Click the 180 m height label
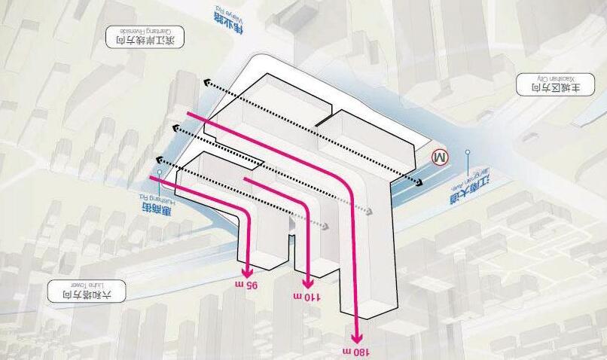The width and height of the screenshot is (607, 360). tap(358, 352)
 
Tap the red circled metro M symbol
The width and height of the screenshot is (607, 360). tap(439, 157)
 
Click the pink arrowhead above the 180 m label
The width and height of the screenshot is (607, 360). tap(358, 336)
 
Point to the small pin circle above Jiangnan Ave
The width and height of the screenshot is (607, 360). tap(468, 152)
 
